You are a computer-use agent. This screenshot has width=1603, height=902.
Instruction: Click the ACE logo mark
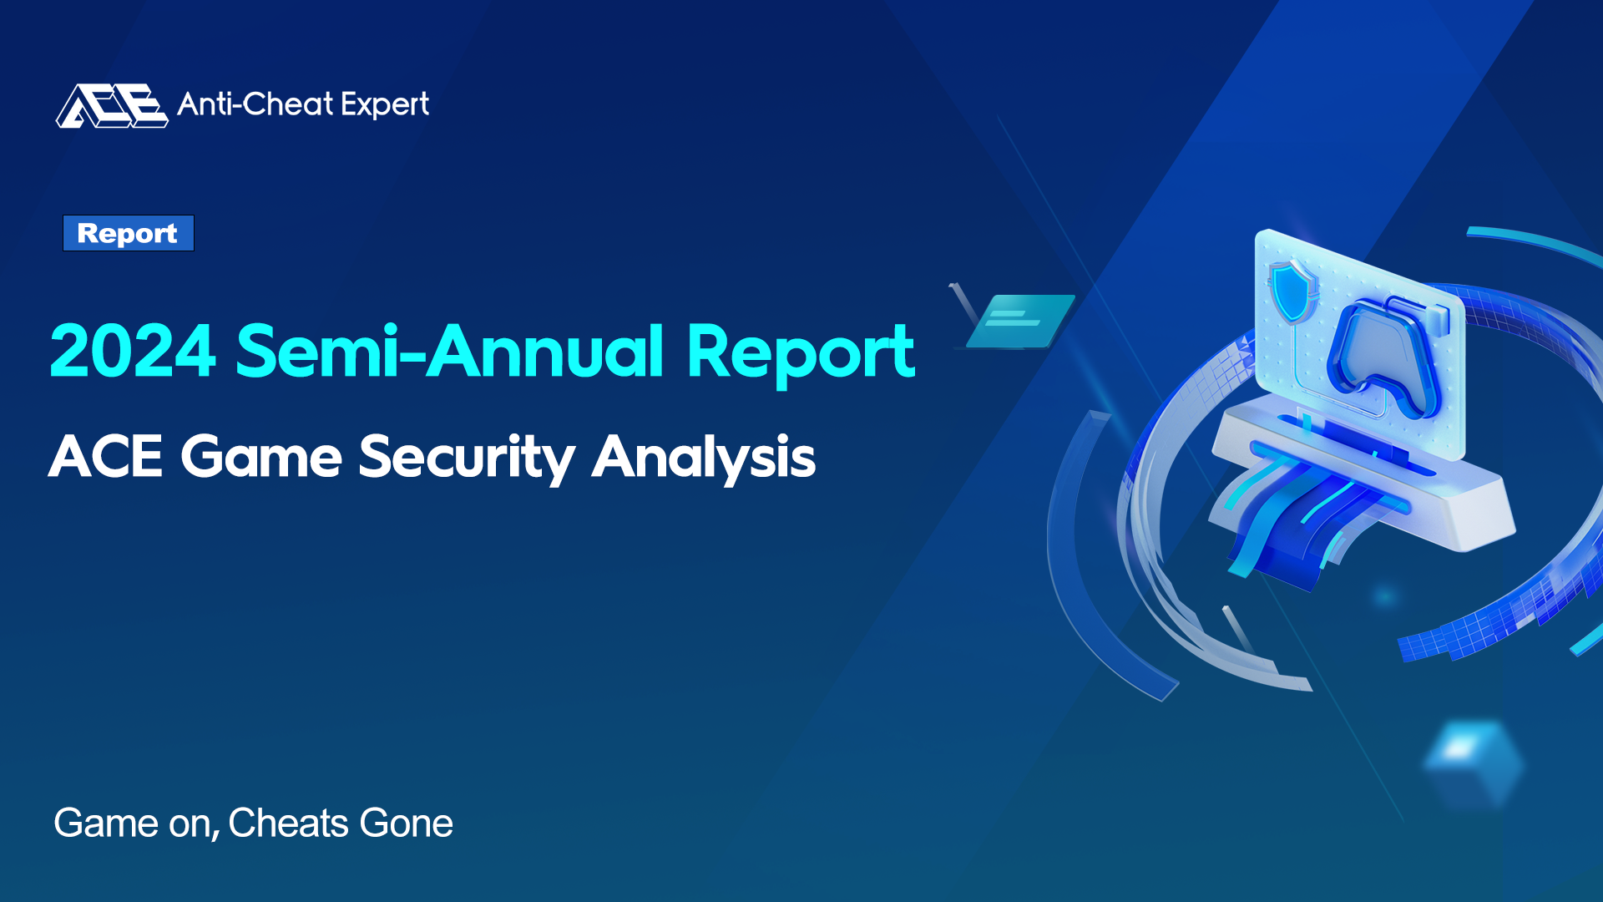(x=112, y=105)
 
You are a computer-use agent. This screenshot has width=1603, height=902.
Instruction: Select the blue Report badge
(x=129, y=233)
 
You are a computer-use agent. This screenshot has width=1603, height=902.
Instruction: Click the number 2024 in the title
(x=133, y=352)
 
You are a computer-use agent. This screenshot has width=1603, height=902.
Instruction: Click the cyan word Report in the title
(x=801, y=354)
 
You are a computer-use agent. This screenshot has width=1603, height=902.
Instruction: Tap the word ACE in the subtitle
(x=105, y=457)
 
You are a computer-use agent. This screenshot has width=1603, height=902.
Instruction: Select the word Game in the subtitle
(x=261, y=457)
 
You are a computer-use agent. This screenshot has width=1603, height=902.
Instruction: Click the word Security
(x=467, y=459)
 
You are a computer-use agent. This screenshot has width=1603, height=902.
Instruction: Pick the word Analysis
(x=704, y=459)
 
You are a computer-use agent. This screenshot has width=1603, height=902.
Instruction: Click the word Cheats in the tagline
(x=289, y=823)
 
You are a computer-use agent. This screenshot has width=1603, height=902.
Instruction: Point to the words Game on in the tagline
(x=137, y=823)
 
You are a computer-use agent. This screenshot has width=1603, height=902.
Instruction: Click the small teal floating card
(x=1020, y=321)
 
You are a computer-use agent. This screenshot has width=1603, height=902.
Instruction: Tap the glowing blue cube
(x=1473, y=763)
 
